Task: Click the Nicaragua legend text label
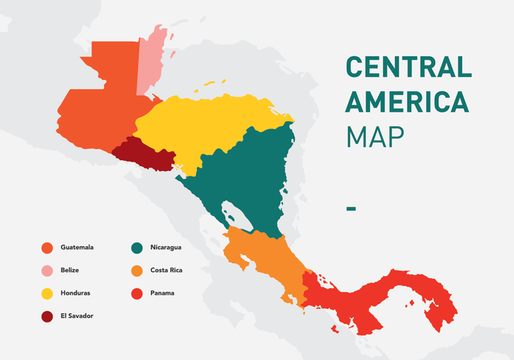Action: [x=165, y=248]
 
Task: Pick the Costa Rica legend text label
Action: [x=166, y=270]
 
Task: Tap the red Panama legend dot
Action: [x=137, y=293]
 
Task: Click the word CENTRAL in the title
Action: [x=408, y=68]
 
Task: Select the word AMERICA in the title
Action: [x=407, y=101]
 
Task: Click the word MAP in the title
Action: [x=375, y=136]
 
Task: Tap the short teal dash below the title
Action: [x=351, y=209]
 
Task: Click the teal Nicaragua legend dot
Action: [x=137, y=248]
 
